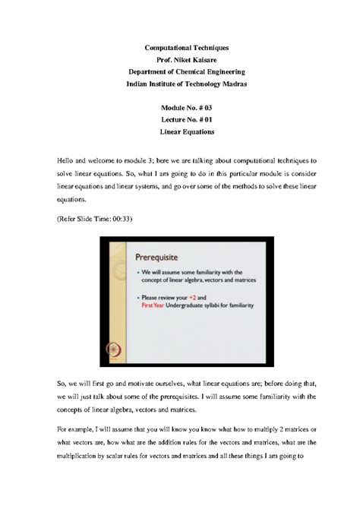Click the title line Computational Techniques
(180, 48)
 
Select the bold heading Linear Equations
(180, 132)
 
